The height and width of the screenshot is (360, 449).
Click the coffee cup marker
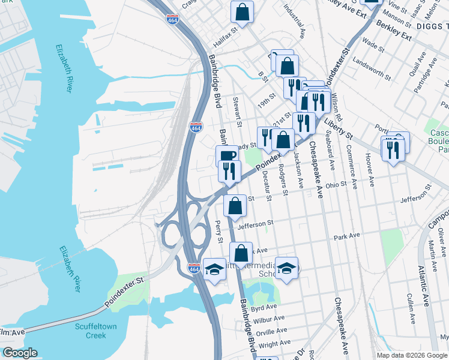[x=227, y=156]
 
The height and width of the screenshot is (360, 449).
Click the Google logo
[x=19, y=353]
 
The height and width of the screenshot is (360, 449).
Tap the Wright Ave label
[x=276, y=344]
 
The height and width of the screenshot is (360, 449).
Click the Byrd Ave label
[x=264, y=308]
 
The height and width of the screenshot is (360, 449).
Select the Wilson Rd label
[x=336, y=106]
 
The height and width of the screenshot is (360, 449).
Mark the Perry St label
[x=218, y=231]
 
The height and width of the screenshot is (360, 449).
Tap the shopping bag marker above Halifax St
[x=241, y=11]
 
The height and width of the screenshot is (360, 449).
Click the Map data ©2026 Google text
[x=411, y=355]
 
